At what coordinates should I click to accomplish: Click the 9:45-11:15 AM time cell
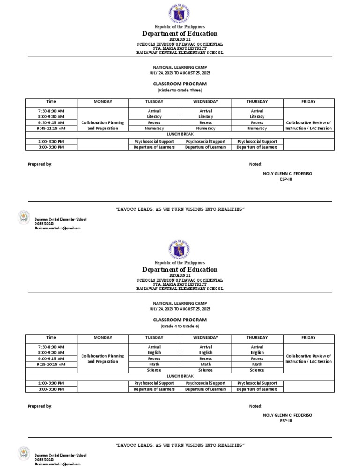(52, 128)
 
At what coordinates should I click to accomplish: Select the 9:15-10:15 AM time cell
(52, 364)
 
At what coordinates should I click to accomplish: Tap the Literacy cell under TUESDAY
(154, 116)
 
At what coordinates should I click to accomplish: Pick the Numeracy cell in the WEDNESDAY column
(205, 128)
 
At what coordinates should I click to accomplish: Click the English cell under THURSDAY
(257, 352)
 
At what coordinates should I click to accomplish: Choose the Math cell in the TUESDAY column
(154, 364)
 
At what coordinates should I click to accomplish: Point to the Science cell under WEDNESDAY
(205, 370)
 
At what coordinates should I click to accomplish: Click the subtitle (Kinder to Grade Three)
(180, 90)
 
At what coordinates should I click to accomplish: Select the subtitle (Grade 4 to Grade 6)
(180, 326)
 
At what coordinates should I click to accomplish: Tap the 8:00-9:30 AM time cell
(52, 116)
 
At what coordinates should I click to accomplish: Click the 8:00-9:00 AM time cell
(52, 352)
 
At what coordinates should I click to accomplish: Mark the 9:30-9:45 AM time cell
(52, 122)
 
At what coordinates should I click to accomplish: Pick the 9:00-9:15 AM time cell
(52, 358)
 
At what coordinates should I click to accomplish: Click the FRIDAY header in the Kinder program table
(308, 101)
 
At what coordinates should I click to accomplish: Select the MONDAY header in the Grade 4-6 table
(103, 337)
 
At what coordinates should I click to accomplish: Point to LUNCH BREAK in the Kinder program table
(180, 134)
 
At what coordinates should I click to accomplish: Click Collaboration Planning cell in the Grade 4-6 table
(103, 358)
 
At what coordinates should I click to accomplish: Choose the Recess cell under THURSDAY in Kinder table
(257, 122)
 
